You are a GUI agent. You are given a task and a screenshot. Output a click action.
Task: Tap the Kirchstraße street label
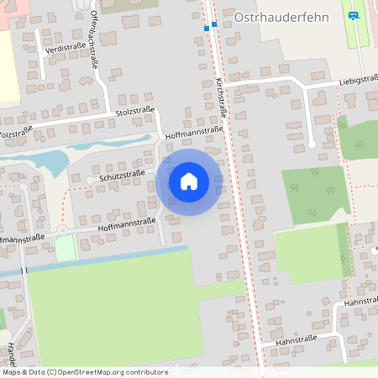(x=221, y=97)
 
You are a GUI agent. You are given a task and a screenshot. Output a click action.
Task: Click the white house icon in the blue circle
(x=189, y=181)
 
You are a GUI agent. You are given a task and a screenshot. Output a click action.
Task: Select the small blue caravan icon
(x=354, y=14)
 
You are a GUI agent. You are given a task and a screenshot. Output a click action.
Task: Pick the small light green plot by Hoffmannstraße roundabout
(x=65, y=249)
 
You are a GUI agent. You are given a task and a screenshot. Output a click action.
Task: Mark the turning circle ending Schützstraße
(x=89, y=180)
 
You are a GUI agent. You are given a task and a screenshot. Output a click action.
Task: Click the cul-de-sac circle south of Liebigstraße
(x=312, y=145)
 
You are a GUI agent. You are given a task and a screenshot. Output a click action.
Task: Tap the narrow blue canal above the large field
(x=101, y=261)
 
